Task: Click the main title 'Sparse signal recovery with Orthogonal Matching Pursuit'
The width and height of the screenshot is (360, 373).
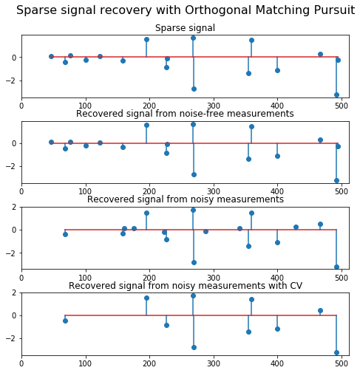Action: [x=186, y=10]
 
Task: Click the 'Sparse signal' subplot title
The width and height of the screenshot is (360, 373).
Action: [x=185, y=28]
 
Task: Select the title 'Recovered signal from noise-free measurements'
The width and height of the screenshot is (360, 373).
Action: [x=185, y=114]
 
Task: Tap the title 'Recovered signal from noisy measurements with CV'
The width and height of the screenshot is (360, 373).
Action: [x=186, y=286]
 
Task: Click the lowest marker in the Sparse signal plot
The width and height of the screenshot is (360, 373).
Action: [x=336, y=95]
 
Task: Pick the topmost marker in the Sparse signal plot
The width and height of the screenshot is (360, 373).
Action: [x=193, y=38]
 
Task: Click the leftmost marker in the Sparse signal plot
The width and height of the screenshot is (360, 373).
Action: [x=51, y=56]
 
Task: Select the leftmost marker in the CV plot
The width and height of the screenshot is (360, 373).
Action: [x=65, y=321]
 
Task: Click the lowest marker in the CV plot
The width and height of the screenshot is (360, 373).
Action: [x=336, y=352]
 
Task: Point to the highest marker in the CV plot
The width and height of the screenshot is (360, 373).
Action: [x=193, y=295]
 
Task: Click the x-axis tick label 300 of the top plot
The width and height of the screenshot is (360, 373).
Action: [x=214, y=106]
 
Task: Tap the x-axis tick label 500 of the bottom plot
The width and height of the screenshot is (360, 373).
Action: [x=342, y=363]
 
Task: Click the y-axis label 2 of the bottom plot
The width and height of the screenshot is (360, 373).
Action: [x=14, y=292]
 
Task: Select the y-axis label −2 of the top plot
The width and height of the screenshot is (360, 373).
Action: [x=11, y=81]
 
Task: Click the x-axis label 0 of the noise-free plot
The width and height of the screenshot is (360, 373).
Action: [x=21, y=191]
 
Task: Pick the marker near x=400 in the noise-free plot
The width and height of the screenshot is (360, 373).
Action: [x=277, y=156]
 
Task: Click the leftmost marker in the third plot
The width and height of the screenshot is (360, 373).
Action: [x=65, y=234]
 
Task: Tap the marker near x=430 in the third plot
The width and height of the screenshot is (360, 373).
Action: [x=296, y=227]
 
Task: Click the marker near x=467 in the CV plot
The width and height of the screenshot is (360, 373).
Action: [x=320, y=310]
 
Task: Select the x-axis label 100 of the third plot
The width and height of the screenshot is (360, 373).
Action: [x=85, y=278]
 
